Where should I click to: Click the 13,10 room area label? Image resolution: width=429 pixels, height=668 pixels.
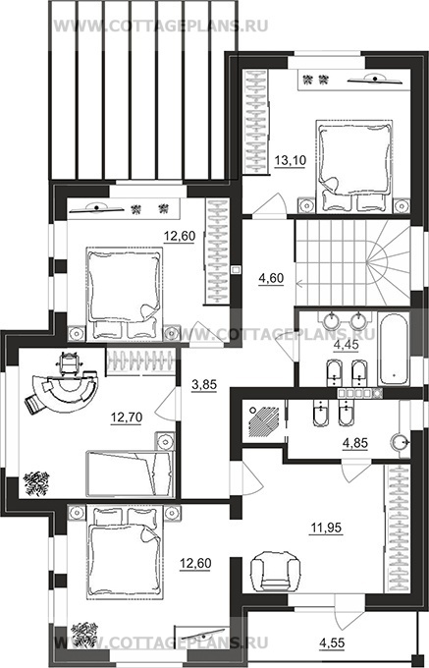coord(290,161)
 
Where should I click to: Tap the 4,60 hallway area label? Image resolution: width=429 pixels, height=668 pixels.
coord(271,278)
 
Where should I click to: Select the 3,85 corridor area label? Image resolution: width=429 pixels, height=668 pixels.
coord(204,385)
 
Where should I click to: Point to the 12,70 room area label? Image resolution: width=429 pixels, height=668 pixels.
coord(127,417)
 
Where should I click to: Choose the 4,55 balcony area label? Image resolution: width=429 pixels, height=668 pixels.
coord(332,641)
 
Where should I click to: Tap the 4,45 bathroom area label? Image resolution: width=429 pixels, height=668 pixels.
coord(346,344)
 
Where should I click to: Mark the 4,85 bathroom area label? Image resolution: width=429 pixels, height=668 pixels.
coord(355,443)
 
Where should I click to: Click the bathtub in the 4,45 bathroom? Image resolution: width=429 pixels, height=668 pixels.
coord(394,350)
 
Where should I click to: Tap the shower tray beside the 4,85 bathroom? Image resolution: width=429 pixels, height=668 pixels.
coord(262,422)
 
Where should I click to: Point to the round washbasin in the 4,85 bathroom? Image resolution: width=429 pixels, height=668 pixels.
coord(399,441)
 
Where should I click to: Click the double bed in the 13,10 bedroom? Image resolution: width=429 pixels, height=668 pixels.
coord(353,166)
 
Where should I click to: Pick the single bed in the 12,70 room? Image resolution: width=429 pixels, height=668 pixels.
coord(131,473)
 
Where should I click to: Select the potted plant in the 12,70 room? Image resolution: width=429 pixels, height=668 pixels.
coord(36,483)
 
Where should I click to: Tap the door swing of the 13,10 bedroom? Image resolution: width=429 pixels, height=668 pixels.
coord(271,205)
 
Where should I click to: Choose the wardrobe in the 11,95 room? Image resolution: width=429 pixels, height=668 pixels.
coord(397,529)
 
